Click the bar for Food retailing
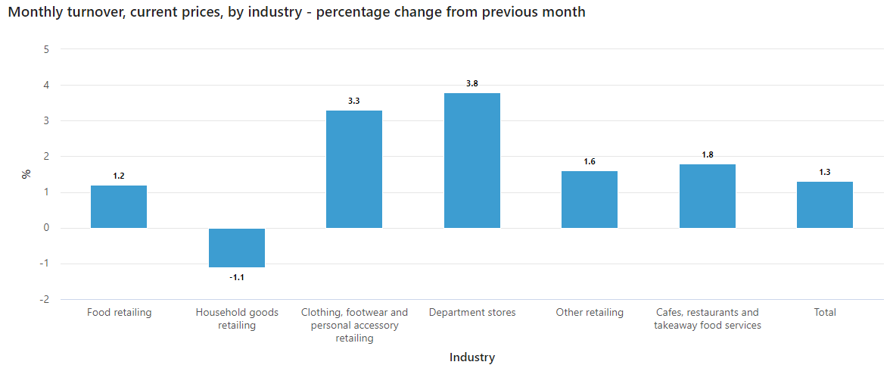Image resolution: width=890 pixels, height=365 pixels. click(x=119, y=207)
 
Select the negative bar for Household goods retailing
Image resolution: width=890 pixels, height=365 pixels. click(x=237, y=248)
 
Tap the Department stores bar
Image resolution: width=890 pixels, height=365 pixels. click(x=471, y=161)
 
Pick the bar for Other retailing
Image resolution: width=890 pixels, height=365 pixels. click(x=590, y=199)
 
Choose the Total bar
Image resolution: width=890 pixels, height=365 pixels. click(x=824, y=204)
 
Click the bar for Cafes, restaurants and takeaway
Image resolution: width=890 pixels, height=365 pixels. click(x=707, y=196)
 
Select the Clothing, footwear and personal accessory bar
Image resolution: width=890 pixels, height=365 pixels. click(x=354, y=169)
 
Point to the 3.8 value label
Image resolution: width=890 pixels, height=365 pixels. click(x=471, y=83)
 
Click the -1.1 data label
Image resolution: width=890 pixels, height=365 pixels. click(x=237, y=277)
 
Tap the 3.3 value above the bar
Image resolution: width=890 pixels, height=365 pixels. click(x=354, y=101)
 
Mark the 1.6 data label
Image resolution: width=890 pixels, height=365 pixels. click(x=590, y=161)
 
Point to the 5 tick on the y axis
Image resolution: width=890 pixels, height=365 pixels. click(x=46, y=49)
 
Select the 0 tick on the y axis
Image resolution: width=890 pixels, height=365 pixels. click(x=46, y=228)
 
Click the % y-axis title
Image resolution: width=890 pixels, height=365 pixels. click(x=26, y=174)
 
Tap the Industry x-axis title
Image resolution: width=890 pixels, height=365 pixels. click(x=471, y=357)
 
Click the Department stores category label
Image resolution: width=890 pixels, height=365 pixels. click(x=471, y=312)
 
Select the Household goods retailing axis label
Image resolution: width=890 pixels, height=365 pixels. click(x=237, y=319)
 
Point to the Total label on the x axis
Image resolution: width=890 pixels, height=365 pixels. click(x=824, y=312)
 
